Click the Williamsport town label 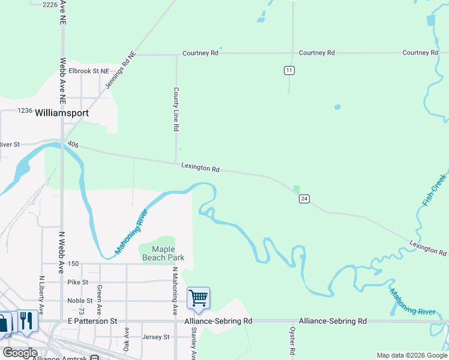coord(62,113)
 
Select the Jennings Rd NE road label coord(121,70)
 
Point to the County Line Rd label coord(176,110)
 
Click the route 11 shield coord(289,71)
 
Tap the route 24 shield coord(304,199)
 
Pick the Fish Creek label coord(434,190)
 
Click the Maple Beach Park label coord(163,253)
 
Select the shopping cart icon coord(198,298)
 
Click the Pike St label coord(78,282)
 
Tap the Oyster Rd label coord(292,340)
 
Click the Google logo coord(20,352)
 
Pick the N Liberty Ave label coord(42,295)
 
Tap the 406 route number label coord(73,145)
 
